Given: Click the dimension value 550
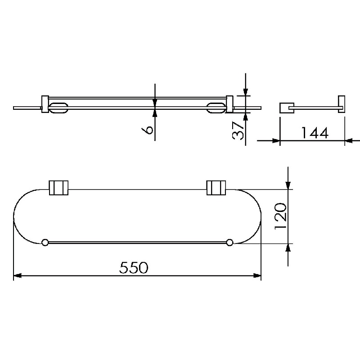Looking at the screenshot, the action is tap(134, 267).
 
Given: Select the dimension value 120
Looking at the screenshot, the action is tap(280, 216).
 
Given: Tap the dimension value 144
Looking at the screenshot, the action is tap(315, 133).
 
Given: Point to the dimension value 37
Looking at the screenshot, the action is tap(238, 130).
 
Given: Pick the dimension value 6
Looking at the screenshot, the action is tap(148, 130).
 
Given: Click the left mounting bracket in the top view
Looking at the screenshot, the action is tap(59, 188).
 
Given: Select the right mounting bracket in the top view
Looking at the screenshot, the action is tap(216, 188).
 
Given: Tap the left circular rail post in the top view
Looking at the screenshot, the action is tap(45, 243).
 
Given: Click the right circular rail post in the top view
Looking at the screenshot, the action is tap(229, 243).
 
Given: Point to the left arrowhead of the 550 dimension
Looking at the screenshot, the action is tap(18, 275).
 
